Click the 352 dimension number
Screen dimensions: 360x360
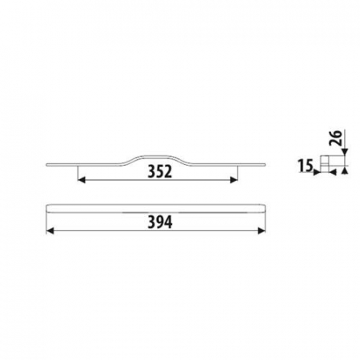pos(161,171)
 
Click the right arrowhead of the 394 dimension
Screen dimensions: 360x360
pos(263,230)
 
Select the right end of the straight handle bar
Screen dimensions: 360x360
pos(265,210)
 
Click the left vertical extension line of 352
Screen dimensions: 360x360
pos(77,171)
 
